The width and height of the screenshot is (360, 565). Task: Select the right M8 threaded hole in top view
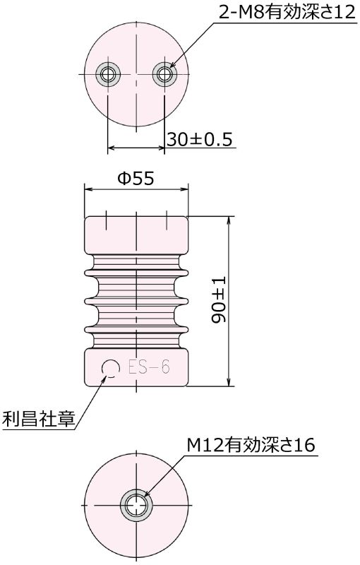click(x=164, y=73)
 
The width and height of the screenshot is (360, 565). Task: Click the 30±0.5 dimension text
click(x=200, y=139)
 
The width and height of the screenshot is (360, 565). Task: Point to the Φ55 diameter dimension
click(x=136, y=179)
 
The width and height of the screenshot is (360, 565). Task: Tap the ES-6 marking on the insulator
click(x=148, y=367)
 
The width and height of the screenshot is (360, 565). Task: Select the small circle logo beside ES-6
click(x=110, y=367)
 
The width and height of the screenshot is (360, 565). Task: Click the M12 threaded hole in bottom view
click(x=136, y=506)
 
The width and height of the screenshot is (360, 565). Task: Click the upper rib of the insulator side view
click(x=136, y=270)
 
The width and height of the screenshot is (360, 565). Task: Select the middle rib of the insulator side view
click(x=136, y=299)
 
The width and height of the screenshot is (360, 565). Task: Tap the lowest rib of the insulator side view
click(x=136, y=328)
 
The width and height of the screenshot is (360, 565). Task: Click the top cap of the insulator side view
click(x=136, y=233)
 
